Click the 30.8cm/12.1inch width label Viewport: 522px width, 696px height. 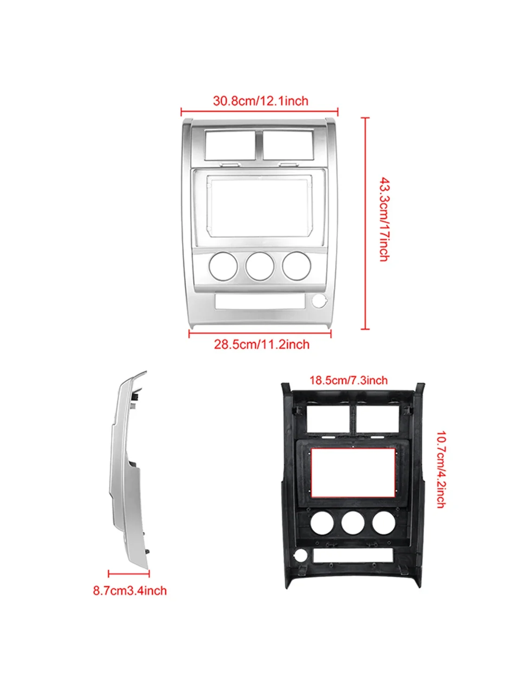point(260,101)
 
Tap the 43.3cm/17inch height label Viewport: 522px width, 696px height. point(384,219)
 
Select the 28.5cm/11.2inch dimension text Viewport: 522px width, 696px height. point(262,344)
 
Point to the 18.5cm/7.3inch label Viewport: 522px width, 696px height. point(348,380)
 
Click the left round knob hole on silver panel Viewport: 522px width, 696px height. point(223,266)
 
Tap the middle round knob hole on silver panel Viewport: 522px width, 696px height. point(259,266)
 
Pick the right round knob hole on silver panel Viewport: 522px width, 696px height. point(296,266)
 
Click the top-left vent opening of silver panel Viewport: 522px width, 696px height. point(231,145)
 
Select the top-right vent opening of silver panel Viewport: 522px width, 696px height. point(288,145)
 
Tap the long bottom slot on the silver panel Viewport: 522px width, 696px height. point(260,301)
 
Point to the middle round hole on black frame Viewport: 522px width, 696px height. point(353,522)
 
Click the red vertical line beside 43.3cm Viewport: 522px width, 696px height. point(366,224)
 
